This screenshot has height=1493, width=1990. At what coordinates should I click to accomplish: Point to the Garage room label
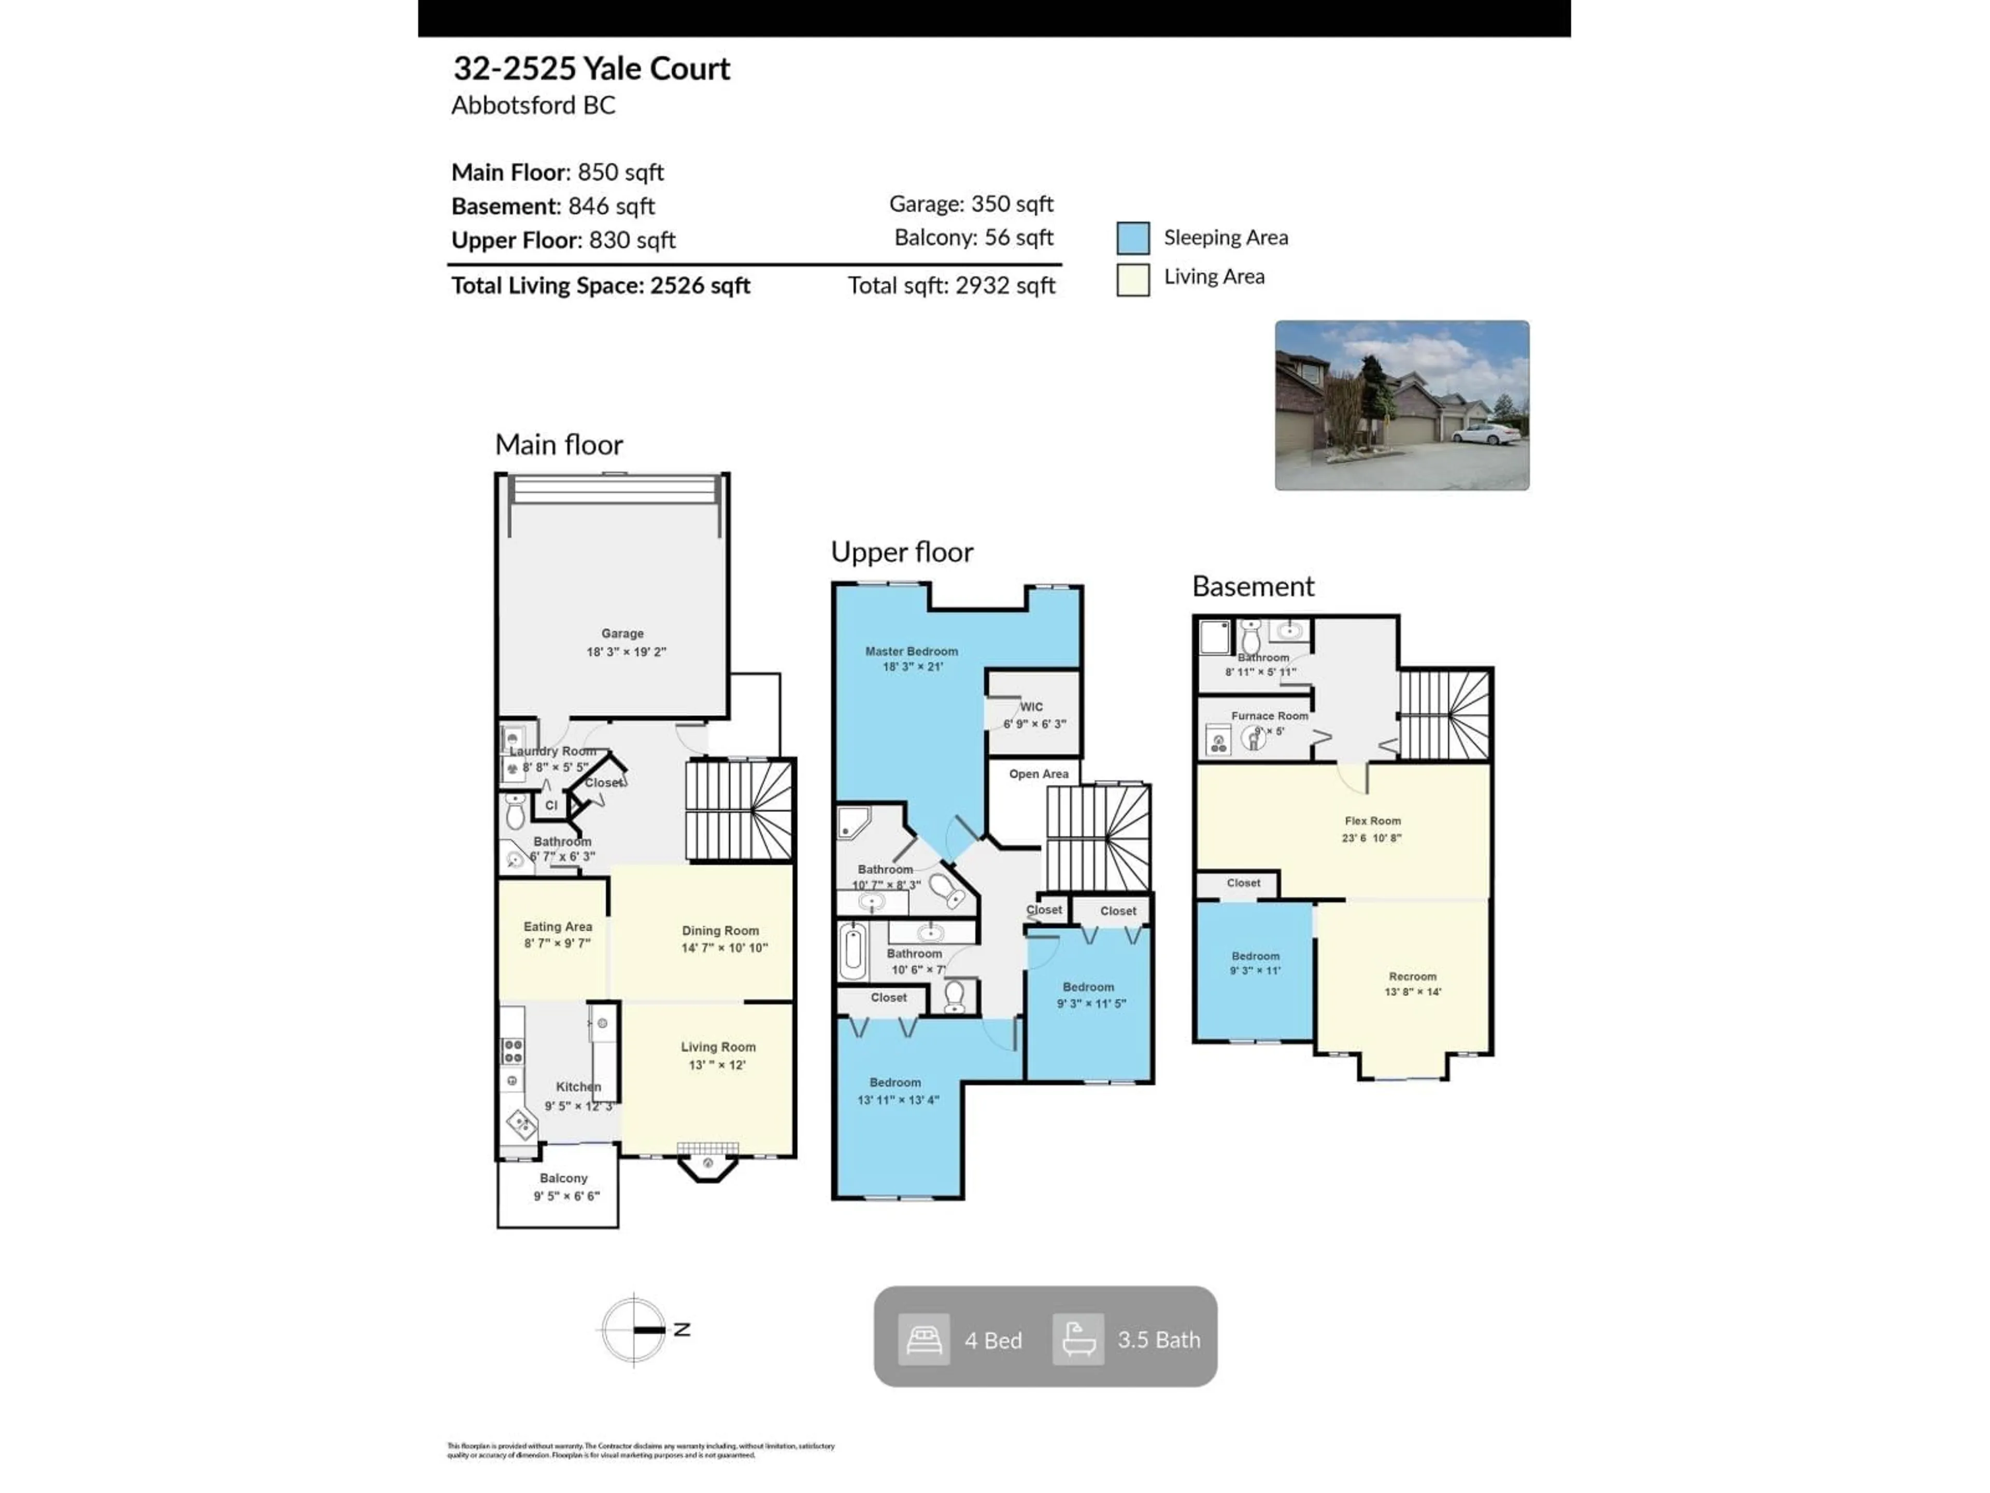(622, 633)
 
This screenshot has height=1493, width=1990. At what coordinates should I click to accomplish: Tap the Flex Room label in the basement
(1372, 821)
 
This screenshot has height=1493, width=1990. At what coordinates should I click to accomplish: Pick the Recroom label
(1412, 977)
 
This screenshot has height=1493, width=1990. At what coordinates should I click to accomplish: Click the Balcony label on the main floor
(563, 1178)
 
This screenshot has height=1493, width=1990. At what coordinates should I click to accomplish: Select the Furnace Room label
(1269, 716)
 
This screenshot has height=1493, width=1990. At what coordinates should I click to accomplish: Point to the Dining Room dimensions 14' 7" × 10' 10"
(724, 948)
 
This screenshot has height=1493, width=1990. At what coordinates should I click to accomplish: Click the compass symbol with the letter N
(635, 1329)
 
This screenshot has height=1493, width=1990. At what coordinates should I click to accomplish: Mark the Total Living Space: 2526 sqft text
(600, 286)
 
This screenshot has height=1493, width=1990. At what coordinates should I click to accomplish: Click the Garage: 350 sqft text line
(971, 204)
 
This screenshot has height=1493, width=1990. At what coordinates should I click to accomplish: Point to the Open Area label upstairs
(1038, 774)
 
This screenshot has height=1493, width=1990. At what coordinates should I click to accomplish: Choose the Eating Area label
(558, 926)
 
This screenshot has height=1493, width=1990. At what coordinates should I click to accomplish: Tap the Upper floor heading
(901, 552)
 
